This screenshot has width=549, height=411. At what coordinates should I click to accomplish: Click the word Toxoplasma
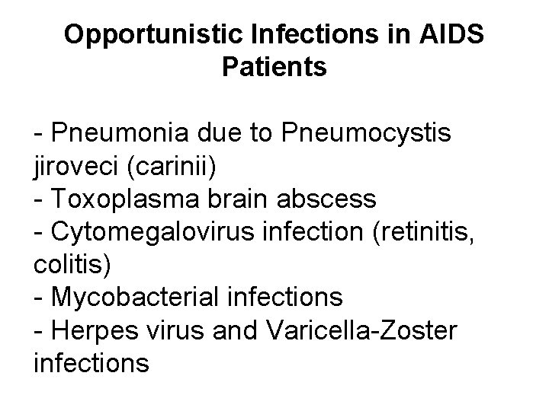coord(127,199)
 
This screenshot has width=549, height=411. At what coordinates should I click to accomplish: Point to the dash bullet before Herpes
coord(39,329)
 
